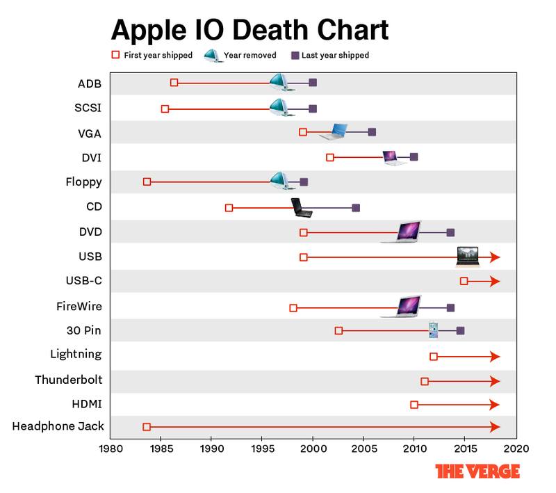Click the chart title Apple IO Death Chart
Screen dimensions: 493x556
tap(250, 31)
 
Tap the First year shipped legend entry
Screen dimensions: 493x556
tap(152, 55)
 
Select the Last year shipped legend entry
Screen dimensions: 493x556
tap(330, 55)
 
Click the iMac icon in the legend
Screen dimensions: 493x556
tap(213, 56)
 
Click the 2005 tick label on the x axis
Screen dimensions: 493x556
tap(363, 448)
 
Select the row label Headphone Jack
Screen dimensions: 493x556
tap(58, 426)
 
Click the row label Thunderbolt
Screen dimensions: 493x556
tap(69, 380)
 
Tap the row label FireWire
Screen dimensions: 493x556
tap(79, 306)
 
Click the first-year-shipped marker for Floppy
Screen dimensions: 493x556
tap(147, 181)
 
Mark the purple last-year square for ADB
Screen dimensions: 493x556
tap(313, 83)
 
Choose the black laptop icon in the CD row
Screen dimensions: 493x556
tap(301, 207)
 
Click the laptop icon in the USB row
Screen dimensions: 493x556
tap(466, 257)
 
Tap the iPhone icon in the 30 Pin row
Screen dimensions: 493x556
tap(434, 329)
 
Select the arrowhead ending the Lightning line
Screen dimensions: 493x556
tap(495, 356)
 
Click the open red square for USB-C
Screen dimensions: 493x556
tap(464, 281)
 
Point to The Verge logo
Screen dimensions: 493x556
tap(477, 471)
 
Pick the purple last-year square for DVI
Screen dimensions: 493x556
tap(414, 157)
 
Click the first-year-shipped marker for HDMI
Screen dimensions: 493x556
tap(414, 405)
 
